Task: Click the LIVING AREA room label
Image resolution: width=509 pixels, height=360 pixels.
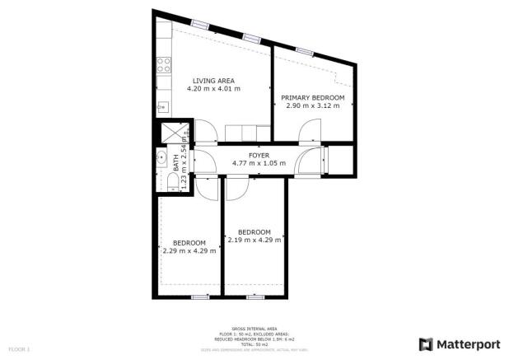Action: (x=212, y=80)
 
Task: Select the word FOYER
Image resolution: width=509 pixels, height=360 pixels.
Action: (x=259, y=155)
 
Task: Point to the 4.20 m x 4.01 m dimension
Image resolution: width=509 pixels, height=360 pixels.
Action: (x=212, y=88)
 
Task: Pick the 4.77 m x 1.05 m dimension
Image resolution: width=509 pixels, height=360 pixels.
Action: (x=259, y=163)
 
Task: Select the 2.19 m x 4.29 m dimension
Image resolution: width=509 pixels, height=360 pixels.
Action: (x=254, y=240)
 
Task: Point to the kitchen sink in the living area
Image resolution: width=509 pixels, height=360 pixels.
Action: (x=163, y=106)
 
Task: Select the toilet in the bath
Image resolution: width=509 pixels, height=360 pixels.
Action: (x=165, y=180)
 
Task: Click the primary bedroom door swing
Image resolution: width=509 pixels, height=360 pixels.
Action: (x=311, y=131)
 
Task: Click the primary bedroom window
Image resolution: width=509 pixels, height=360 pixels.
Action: (x=305, y=51)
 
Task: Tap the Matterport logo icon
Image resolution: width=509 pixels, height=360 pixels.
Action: (x=426, y=344)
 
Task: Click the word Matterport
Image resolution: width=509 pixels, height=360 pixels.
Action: (x=466, y=344)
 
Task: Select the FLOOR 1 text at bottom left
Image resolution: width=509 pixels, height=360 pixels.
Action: (x=18, y=349)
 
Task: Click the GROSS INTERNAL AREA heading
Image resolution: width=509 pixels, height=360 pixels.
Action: (x=254, y=327)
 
